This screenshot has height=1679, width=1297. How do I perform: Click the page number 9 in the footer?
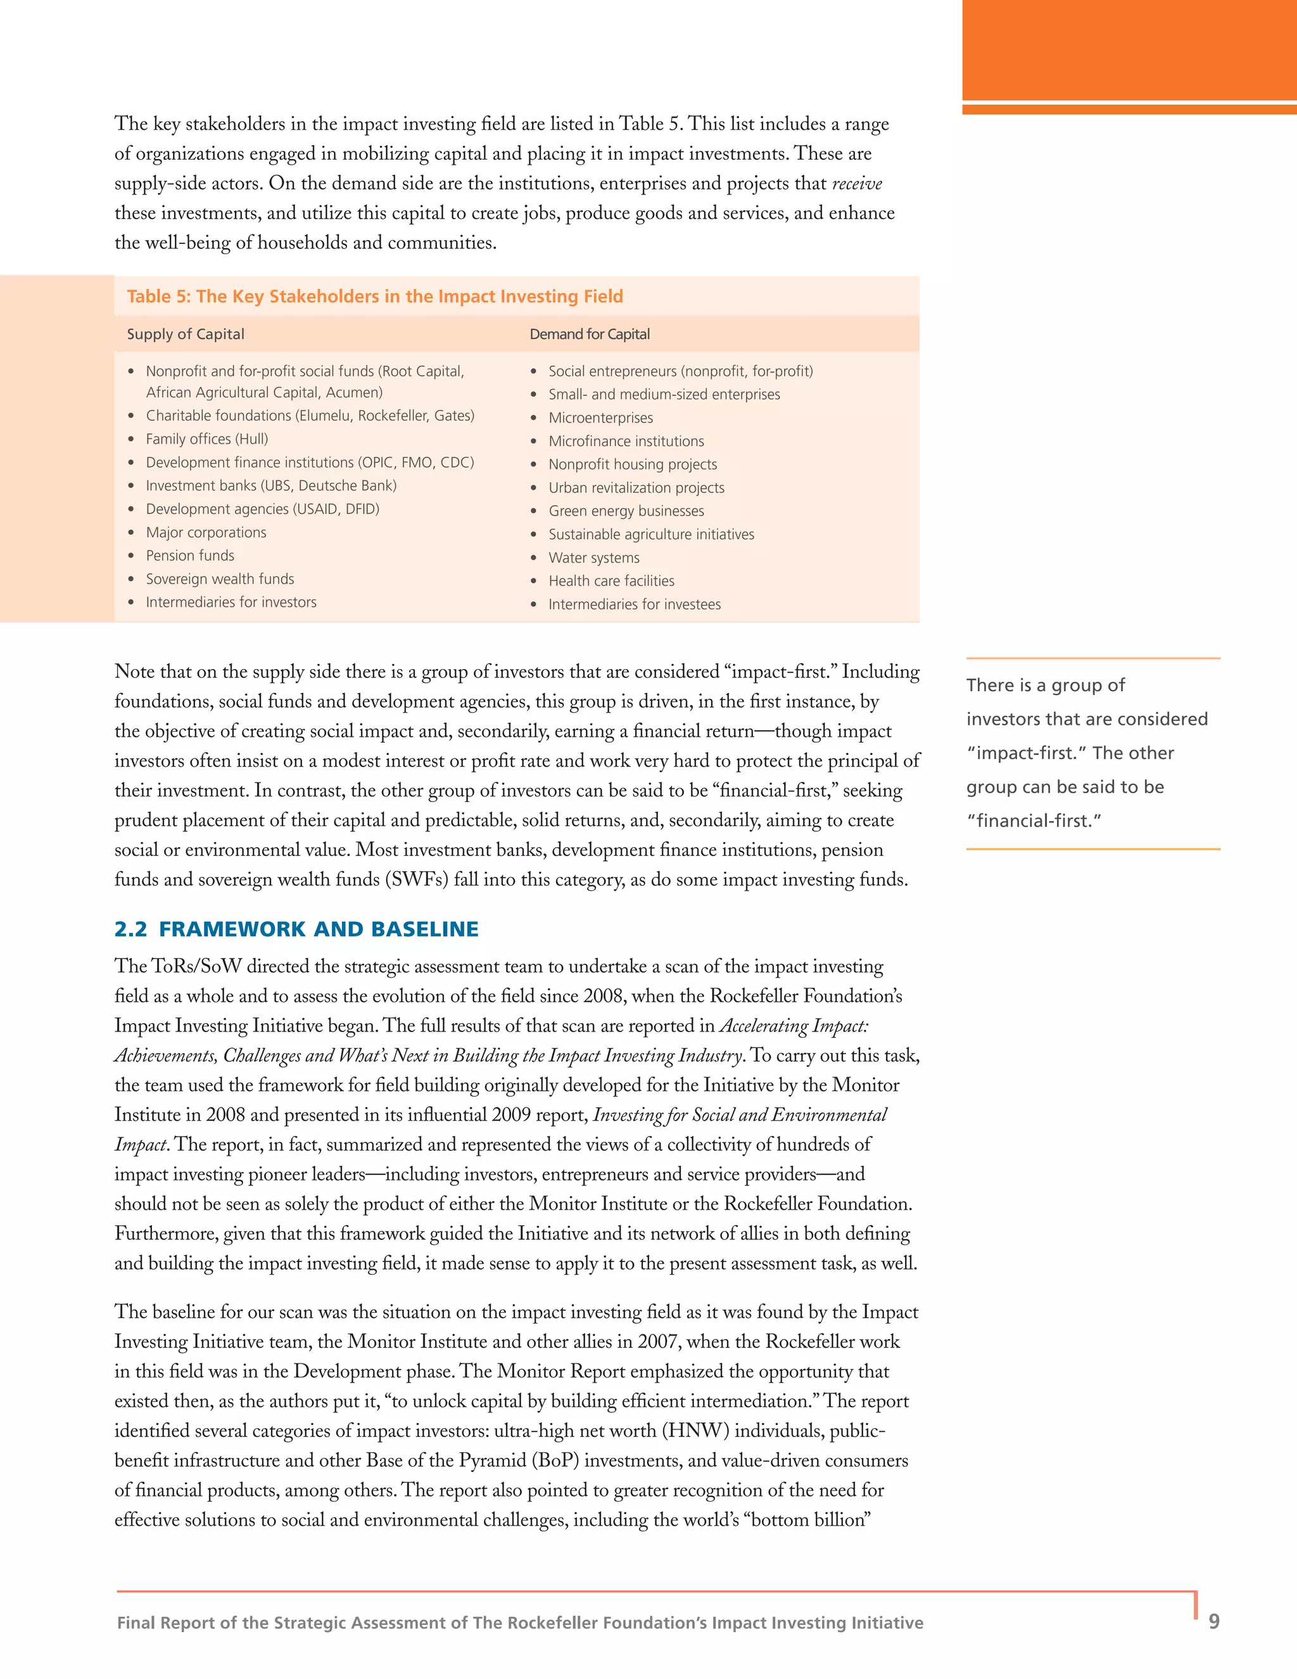click(x=1213, y=1622)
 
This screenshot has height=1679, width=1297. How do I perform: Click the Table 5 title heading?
click(x=374, y=297)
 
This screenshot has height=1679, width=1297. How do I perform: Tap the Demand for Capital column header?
click(x=590, y=335)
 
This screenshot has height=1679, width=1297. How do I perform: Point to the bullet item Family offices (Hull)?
click(x=206, y=439)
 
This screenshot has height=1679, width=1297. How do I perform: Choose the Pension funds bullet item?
click(x=190, y=556)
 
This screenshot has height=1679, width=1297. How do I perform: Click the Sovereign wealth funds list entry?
click(x=220, y=579)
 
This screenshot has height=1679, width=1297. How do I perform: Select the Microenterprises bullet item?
click(x=600, y=418)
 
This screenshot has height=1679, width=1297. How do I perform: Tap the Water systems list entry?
click(x=593, y=558)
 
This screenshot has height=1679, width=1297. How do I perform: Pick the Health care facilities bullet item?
click(x=611, y=581)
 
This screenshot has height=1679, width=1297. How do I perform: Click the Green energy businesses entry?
click(x=626, y=511)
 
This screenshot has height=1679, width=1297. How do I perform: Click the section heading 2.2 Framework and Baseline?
click(x=296, y=929)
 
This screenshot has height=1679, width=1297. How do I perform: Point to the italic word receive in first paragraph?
click(x=857, y=184)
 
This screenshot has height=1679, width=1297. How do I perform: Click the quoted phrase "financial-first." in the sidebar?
click(x=1034, y=821)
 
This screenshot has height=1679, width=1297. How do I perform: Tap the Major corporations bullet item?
click(x=206, y=533)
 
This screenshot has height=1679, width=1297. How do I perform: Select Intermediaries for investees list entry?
click(x=634, y=605)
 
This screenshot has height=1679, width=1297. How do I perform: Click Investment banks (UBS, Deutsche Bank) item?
click(x=270, y=486)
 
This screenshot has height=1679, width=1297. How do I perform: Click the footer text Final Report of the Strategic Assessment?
click(x=519, y=1623)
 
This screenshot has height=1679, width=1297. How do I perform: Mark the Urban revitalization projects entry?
click(x=635, y=488)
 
